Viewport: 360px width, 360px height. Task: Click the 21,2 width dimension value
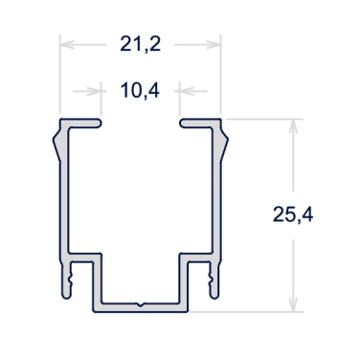coord(140,44)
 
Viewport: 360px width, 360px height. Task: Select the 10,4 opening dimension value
coord(140,91)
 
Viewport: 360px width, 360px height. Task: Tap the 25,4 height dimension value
coord(293,214)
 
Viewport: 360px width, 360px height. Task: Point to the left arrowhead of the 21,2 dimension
coord(67,45)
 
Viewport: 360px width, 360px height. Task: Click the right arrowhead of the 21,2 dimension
coord(214,45)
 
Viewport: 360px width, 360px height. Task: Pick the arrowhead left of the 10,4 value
coord(94,91)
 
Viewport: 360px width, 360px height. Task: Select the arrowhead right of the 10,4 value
coord(187,91)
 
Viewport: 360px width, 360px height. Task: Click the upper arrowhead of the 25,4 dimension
coord(293,126)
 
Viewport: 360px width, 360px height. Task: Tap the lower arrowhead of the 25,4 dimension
coord(293,304)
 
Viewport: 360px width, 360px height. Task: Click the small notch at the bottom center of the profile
coord(140,304)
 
